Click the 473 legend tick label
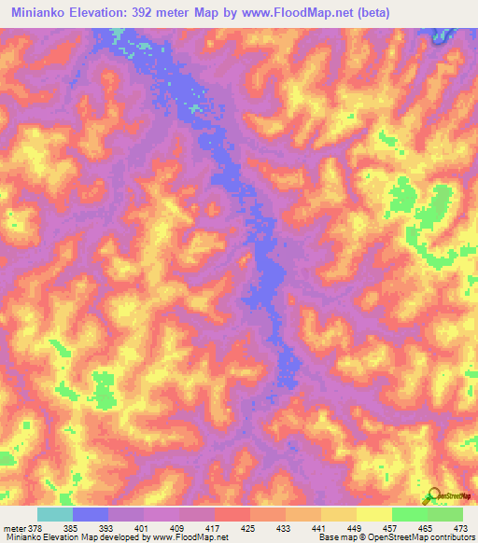click(460, 527)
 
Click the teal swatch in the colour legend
click(55, 514)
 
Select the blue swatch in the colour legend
click(91, 514)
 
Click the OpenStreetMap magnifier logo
click(434, 495)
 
